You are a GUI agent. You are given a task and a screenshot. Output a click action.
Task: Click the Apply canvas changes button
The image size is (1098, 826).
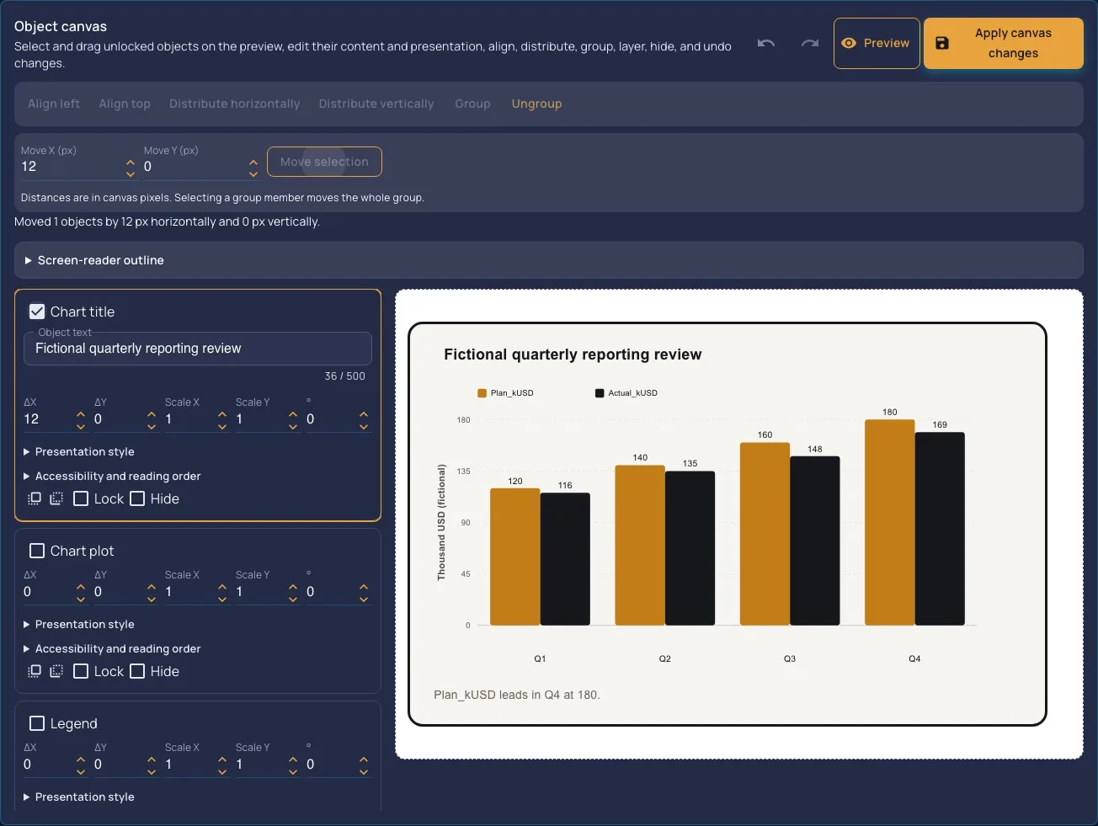pyautogui.click(x=1003, y=43)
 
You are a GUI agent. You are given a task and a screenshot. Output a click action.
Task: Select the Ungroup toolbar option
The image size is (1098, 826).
pyautogui.click(x=536, y=104)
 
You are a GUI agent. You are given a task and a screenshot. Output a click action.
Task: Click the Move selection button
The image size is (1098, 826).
pyautogui.click(x=324, y=162)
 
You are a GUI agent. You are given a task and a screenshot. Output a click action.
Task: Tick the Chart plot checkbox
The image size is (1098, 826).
pyautogui.click(x=37, y=551)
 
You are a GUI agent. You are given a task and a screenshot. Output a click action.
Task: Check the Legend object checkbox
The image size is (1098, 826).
pyautogui.click(x=37, y=723)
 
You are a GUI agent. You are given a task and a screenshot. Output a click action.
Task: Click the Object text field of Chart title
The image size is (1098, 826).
pyautogui.click(x=198, y=349)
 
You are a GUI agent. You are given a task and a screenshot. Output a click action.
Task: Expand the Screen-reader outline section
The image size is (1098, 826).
pyautogui.click(x=100, y=260)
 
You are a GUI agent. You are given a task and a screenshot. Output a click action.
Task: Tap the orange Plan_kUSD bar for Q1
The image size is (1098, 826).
pyautogui.click(x=514, y=557)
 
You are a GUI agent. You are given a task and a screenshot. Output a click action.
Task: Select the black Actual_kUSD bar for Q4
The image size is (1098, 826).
pyautogui.click(x=940, y=529)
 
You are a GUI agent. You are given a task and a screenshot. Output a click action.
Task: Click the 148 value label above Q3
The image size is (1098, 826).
pyautogui.click(x=814, y=449)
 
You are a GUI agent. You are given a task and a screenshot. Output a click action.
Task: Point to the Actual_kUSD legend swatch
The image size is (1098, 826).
pyautogui.click(x=600, y=393)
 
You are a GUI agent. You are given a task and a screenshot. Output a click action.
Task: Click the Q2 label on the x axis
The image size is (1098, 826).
pyautogui.click(x=664, y=658)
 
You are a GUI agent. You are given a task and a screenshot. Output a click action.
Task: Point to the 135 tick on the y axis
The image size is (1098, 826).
pyautogui.click(x=463, y=471)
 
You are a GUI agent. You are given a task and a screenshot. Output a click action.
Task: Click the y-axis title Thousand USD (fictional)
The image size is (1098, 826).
pyautogui.click(x=440, y=523)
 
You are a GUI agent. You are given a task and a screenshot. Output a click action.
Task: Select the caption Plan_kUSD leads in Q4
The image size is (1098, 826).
pyautogui.click(x=517, y=695)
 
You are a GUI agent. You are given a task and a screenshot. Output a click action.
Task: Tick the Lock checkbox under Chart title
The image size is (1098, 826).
pyautogui.click(x=81, y=498)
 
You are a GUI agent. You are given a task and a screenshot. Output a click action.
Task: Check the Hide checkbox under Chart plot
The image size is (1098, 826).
pyautogui.click(x=137, y=671)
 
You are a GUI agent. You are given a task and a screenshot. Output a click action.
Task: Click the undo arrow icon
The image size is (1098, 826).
pyautogui.click(x=766, y=44)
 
